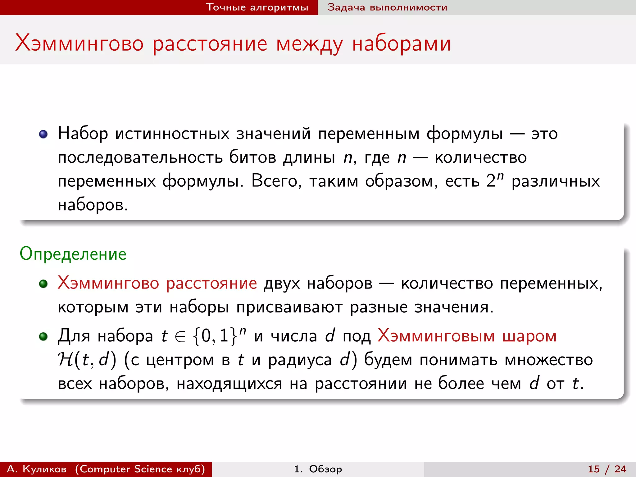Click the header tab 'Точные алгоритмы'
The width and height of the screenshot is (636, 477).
[257, 7]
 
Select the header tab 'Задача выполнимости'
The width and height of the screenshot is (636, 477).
[387, 7]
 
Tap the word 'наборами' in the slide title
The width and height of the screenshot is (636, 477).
[401, 43]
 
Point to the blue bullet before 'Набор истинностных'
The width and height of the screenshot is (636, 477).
[43, 134]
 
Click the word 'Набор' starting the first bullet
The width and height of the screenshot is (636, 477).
[83, 134]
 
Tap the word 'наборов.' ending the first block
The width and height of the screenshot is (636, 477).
[93, 205]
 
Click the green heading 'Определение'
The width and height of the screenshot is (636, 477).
[73, 254]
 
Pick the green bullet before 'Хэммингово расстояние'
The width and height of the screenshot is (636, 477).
[43, 284]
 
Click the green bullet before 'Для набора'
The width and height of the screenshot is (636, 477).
[43, 336]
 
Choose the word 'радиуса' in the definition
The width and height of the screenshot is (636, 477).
[300, 360]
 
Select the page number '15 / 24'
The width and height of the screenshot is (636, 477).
[607, 469]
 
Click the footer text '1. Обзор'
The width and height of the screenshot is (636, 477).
[318, 469]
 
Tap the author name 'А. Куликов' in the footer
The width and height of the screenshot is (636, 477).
[37, 469]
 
